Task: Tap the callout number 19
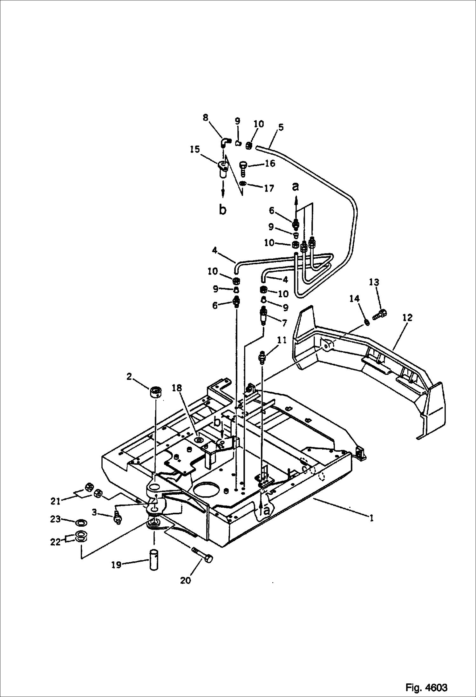coord(116,565)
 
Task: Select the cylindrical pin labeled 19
coord(154,557)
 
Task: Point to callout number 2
coord(129,377)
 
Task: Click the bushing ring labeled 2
coord(155,391)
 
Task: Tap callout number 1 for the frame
coord(371,518)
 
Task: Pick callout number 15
coord(195,149)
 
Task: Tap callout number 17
coord(269,188)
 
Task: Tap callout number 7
coord(284,323)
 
